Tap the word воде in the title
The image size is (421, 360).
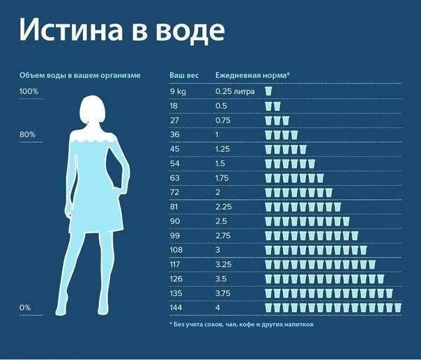click(x=191, y=30)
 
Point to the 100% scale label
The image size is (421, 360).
click(x=29, y=91)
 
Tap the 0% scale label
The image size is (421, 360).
click(x=25, y=307)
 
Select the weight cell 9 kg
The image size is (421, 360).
click(x=178, y=91)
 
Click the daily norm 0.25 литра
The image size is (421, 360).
click(x=235, y=91)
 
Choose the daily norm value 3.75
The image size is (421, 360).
click(x=223, y=292)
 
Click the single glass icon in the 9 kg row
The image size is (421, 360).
click(x=268, y=91)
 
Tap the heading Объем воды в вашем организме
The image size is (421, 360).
click(x=79, y=75)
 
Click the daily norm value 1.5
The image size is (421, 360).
click(x=220, y=163)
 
